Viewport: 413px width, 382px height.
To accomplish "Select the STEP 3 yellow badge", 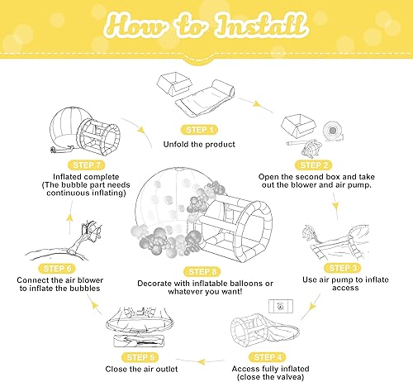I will [342, 268].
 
